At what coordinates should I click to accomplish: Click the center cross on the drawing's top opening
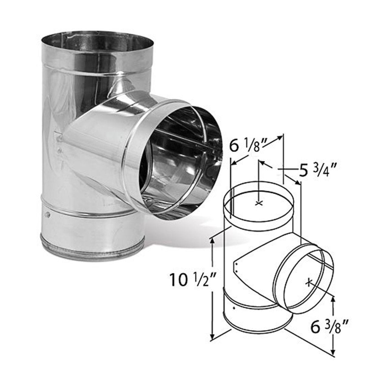point(259,203)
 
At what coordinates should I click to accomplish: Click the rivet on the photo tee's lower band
point(48,215)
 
